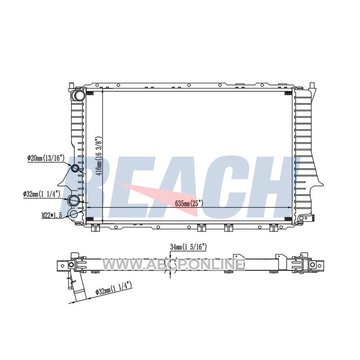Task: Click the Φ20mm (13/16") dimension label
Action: point(46,158)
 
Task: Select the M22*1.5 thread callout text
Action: point(52,216)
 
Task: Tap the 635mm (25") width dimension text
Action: point(189,203)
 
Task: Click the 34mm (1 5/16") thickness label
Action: point(189,247)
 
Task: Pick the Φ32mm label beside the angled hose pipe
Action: point(114,289)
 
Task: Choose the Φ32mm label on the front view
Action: point(41,194)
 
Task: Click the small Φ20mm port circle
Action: point(75,168)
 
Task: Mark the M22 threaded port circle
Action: point(74,214)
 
